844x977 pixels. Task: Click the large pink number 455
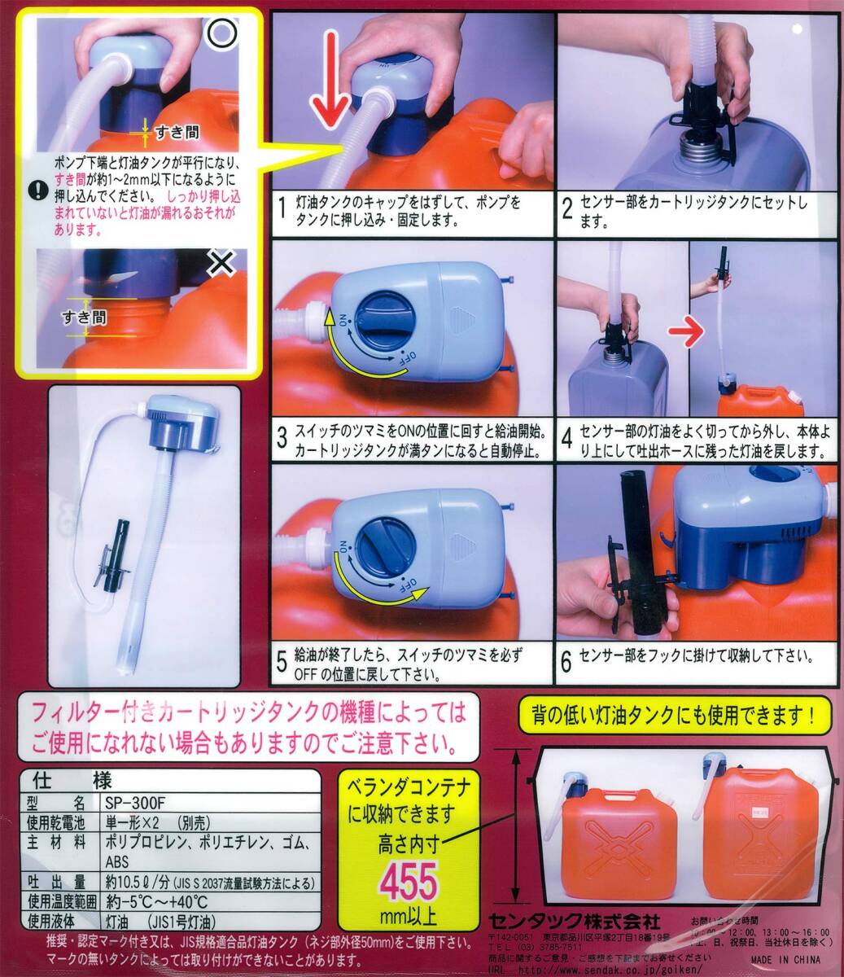pos(410,882)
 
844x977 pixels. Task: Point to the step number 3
pos(282,440)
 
